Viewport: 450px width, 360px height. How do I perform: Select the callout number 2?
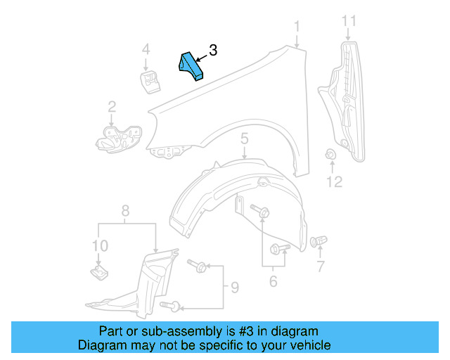(x=112, y=106)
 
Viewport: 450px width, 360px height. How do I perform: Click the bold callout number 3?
(x=213, y=51)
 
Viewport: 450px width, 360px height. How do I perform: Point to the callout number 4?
(x=146, y=49)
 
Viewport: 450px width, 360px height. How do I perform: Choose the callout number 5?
(x=244, y=140)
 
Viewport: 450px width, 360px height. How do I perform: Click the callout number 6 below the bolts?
(x=273, y=282)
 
